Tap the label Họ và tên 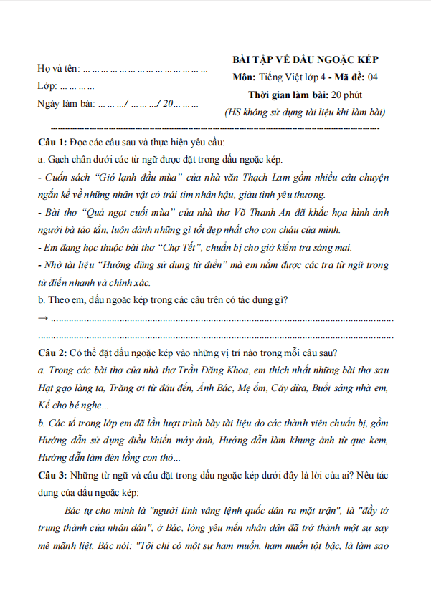[x=58, y=70]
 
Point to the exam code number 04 [x=373, y=77]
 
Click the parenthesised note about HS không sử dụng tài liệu [x=306, y=112]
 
